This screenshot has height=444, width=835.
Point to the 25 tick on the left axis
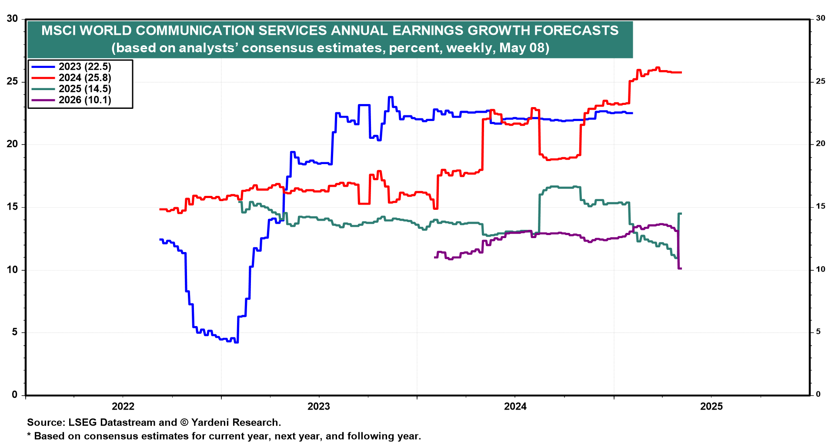[12, 81]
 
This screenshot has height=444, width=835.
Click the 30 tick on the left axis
[12, 19]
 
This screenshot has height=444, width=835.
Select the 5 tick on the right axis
[818, 332]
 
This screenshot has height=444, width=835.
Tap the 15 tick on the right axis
[820, 206]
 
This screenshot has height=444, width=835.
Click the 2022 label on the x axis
[123, 407]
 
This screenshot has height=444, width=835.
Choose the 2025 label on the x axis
[711, 407]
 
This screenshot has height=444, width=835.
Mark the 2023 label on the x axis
[319, 407]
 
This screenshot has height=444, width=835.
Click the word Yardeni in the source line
[210, 422]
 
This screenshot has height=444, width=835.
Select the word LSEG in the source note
[83, 422]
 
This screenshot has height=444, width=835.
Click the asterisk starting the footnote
[29, 435]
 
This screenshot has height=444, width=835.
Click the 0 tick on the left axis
[15, 395]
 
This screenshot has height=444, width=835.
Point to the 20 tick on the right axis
[820, 144]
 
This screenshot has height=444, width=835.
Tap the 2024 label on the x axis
[515, 407]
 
